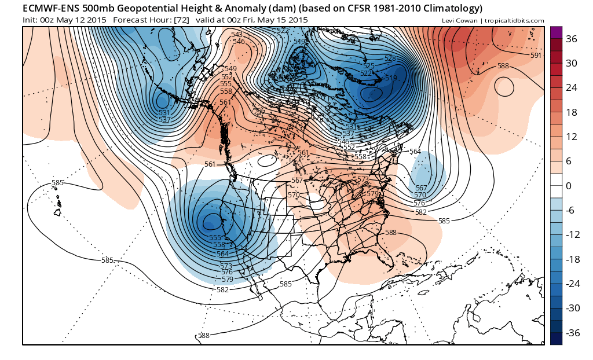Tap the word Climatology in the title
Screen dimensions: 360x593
[x=446, y=9]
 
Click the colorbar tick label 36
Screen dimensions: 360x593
[x=572, y=39]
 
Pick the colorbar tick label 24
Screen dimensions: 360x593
[x=572, y=88]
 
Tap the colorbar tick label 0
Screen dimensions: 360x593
[x=569, y=186]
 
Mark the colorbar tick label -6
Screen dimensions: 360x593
[x=571, y=210]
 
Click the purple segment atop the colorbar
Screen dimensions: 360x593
[x=555, y=32]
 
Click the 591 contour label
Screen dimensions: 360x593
[x=536, y=56]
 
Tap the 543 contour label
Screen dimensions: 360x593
[x=237, y=35]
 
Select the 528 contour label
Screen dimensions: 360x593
[x=390, y=58]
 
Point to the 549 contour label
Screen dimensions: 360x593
[x=230, y=69]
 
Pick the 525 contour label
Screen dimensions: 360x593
[x=369, y=66]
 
